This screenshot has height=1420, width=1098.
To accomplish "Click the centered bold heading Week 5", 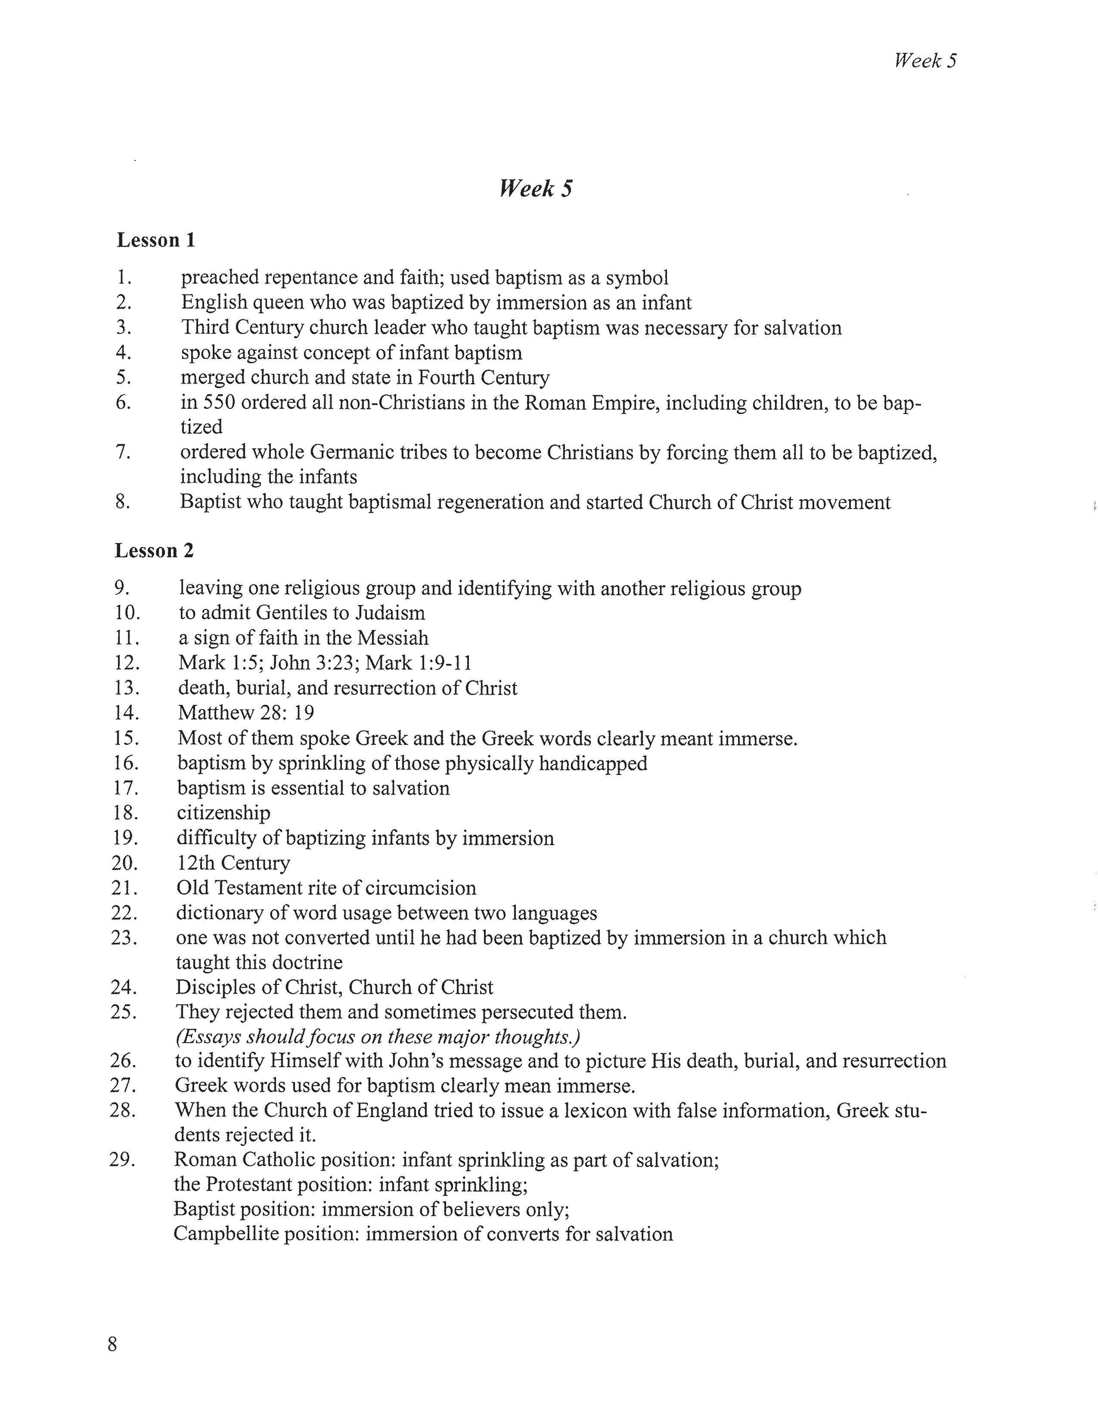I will click(x=536, y=189).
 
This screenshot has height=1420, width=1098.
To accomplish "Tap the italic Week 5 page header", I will click(x=925, y=61).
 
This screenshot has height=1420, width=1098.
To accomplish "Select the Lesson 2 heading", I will click(x=154, y=551).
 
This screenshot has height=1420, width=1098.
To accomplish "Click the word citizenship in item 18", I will click(x=223, y=813).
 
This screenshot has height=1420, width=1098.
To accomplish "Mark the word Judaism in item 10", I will click(x=387, y=612).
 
